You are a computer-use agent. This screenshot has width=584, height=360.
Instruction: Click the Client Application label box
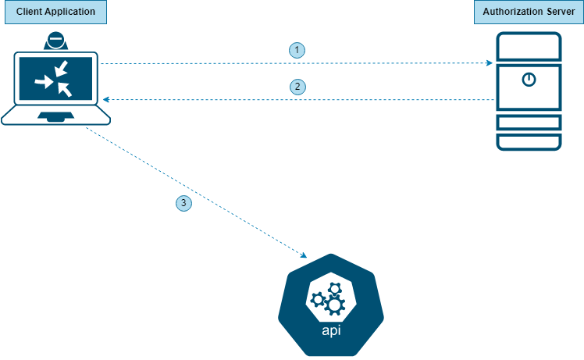tap(54, 12)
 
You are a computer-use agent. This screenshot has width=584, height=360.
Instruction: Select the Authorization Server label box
tap(529, 12)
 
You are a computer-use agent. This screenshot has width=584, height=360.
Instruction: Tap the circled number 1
tap(297, 50)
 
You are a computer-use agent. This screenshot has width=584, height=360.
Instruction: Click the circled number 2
tap(297, 87)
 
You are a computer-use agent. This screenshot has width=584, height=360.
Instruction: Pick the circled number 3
tap(183, 204)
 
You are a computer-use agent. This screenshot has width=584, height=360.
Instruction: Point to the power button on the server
tap(529, 79)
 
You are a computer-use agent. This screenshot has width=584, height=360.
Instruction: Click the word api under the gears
tap(331, 330)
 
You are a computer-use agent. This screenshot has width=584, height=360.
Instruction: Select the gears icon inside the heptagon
tap(329, 298)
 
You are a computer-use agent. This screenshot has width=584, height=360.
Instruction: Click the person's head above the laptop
tap(55, 40)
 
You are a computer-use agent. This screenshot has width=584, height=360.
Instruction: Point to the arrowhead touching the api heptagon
tap(304, 255)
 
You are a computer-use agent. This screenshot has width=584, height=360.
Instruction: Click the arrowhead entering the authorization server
tap(490, 62)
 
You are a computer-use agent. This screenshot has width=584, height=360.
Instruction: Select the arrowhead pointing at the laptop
tap(107, 100)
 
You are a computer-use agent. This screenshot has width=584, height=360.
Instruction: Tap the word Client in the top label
tap(29, 12)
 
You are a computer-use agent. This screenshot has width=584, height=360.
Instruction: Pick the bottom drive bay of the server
tap(529, 142)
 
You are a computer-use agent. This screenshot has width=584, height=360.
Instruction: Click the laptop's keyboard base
tap(55, 116)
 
